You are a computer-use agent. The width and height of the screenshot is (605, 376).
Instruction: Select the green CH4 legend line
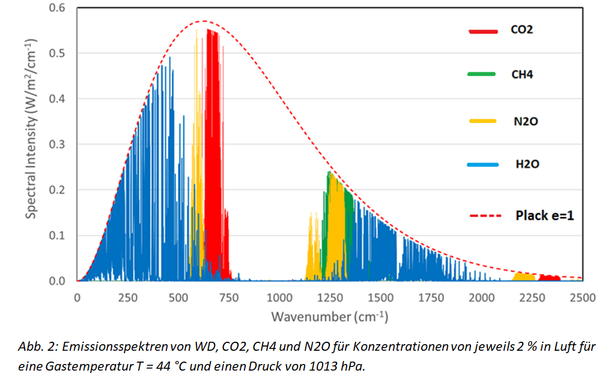click(481, 74)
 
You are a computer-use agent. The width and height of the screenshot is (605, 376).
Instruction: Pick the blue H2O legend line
click(481, 164)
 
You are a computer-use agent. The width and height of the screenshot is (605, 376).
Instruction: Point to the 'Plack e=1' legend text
click(544, 214)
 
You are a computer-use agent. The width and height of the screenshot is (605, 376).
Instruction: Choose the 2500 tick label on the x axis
click(582, 299)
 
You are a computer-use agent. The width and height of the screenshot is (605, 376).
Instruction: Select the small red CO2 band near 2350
click(549, 278)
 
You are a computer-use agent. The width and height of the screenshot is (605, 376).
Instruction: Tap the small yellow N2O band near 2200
click(524, 277)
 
